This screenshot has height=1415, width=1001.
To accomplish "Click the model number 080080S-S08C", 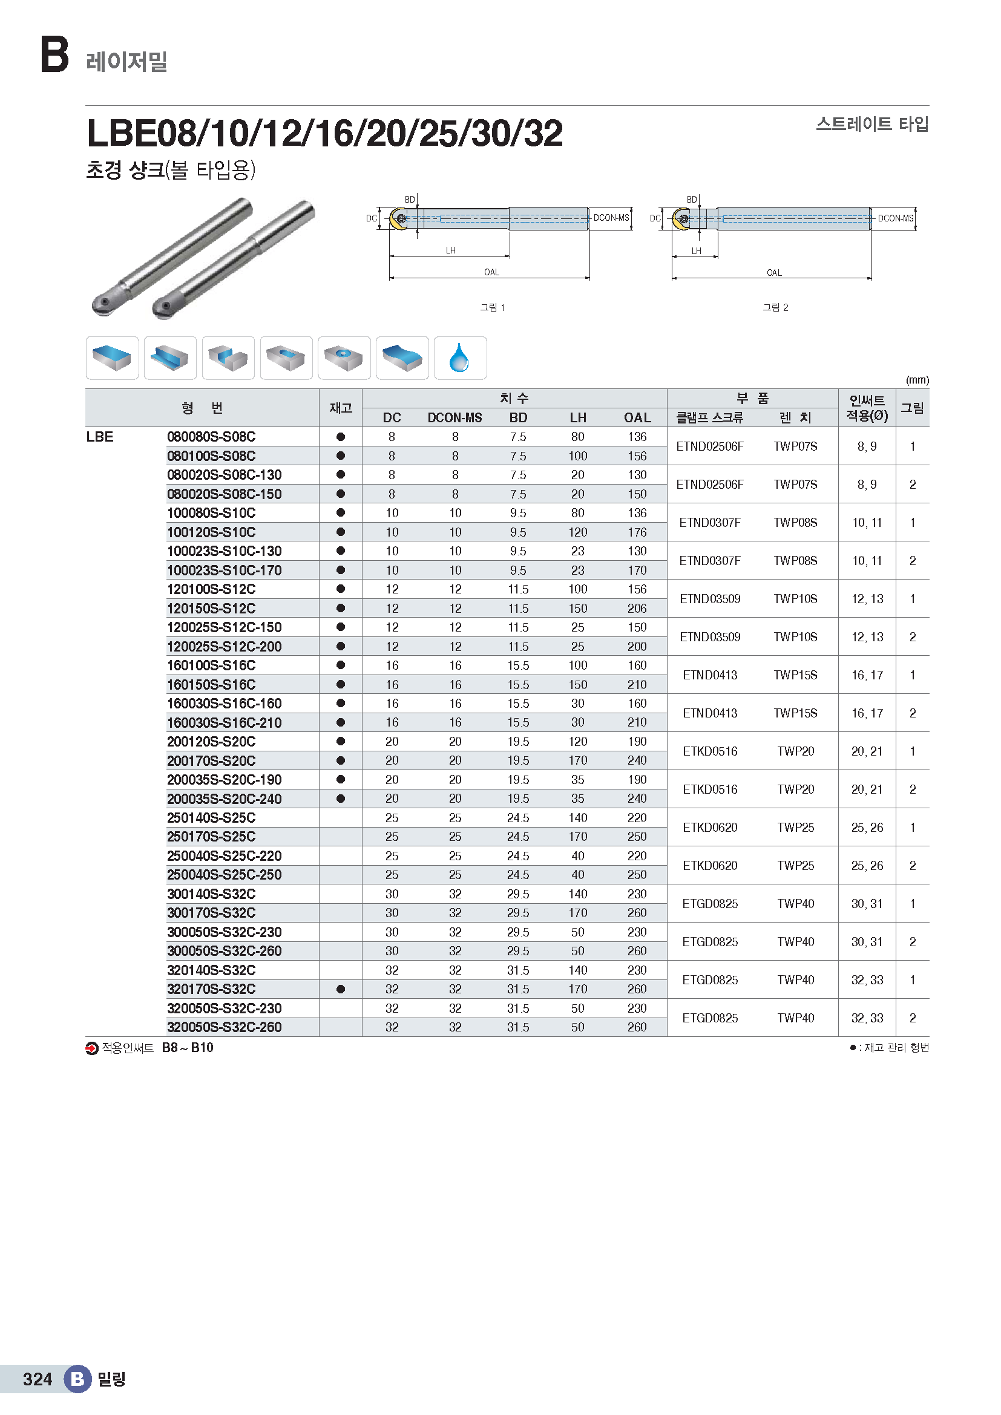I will (x=211, y=437).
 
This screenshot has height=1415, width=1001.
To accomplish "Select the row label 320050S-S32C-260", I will (x=224, y=1027).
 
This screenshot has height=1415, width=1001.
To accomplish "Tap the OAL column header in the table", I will (x=637, y=418).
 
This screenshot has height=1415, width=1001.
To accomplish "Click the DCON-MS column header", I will (x=455, y=418).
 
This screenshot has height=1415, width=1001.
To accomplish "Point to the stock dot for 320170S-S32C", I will (x=340, y=989).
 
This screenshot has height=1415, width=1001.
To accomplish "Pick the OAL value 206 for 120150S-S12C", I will (x=637, y=608).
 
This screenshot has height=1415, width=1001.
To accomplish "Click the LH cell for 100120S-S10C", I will (x=577, y=532).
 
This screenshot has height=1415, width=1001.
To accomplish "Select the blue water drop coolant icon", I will (x=460, y=358).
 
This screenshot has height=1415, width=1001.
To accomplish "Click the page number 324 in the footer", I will (x=37, y=1379).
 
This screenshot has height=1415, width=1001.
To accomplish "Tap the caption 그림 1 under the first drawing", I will (x=492, y=307).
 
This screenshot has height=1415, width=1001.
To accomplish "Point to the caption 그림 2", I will (x=775, y=307).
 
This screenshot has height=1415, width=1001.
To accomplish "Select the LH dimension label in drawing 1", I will (x=451, y=250).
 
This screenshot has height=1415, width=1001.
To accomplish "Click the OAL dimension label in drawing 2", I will (x=774, y=272).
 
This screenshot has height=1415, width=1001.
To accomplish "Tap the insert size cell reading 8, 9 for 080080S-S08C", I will (x=867, y=446).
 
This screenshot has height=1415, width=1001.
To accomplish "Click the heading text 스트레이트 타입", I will (x=871, y=125).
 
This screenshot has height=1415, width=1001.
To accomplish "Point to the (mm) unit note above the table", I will (x=917, y=381).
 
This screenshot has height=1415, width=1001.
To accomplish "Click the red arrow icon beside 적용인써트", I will (x=92, y=1048).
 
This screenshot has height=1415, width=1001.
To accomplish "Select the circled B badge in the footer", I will (x=77, y=1379).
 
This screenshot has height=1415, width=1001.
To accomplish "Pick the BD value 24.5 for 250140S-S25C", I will (x=518, y=818).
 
